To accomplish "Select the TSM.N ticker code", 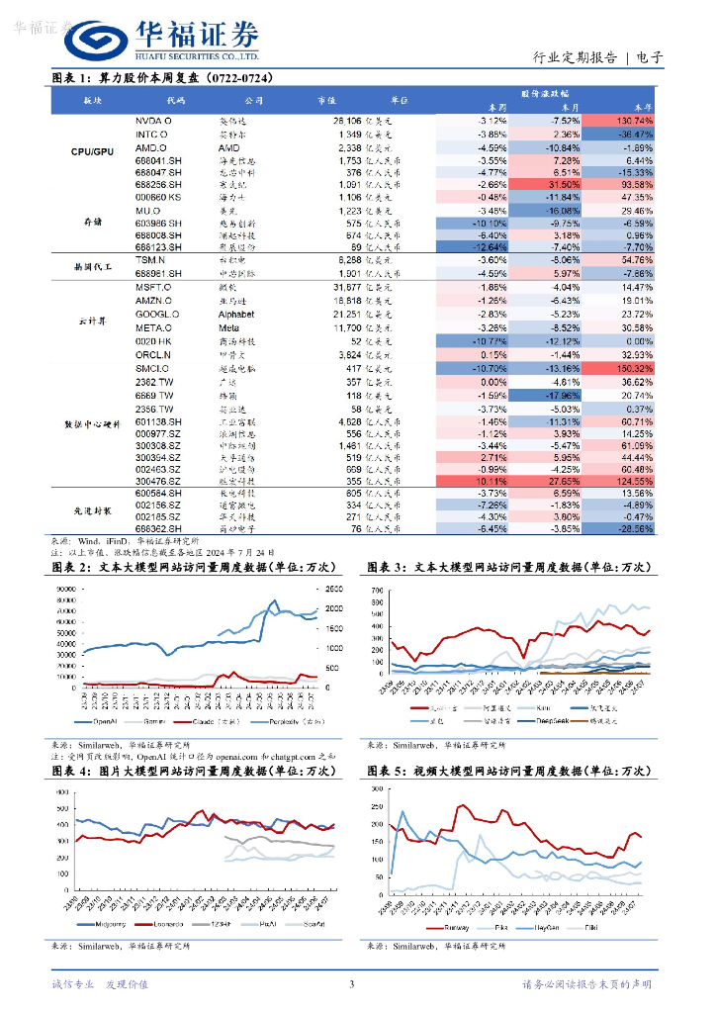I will coord(152,259).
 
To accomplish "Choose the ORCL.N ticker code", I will coord(154,354).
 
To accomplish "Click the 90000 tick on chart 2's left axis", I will coord(66,591).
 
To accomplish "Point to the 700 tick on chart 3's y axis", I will coord(376,591).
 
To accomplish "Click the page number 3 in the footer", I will coord(351,983).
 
